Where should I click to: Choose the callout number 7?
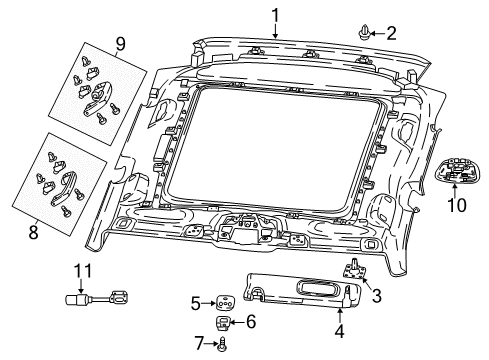[x=198, y=344]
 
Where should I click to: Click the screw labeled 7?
[x=222, y=344]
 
